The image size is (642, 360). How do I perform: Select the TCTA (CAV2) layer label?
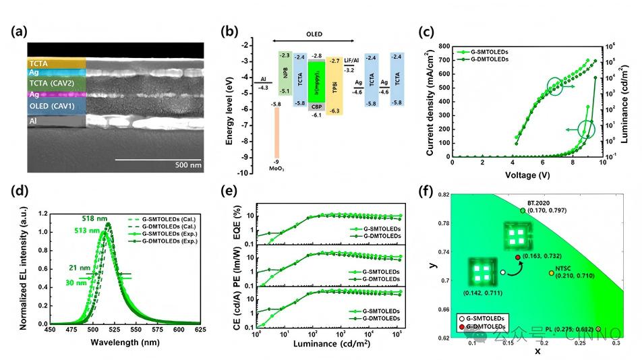[x=53, y=84]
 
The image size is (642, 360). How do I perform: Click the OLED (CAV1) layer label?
[x=53, y=107]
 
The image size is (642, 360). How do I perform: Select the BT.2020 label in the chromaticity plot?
[x=540, y=202]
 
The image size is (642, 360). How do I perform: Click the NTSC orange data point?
[x=551, y=272]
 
